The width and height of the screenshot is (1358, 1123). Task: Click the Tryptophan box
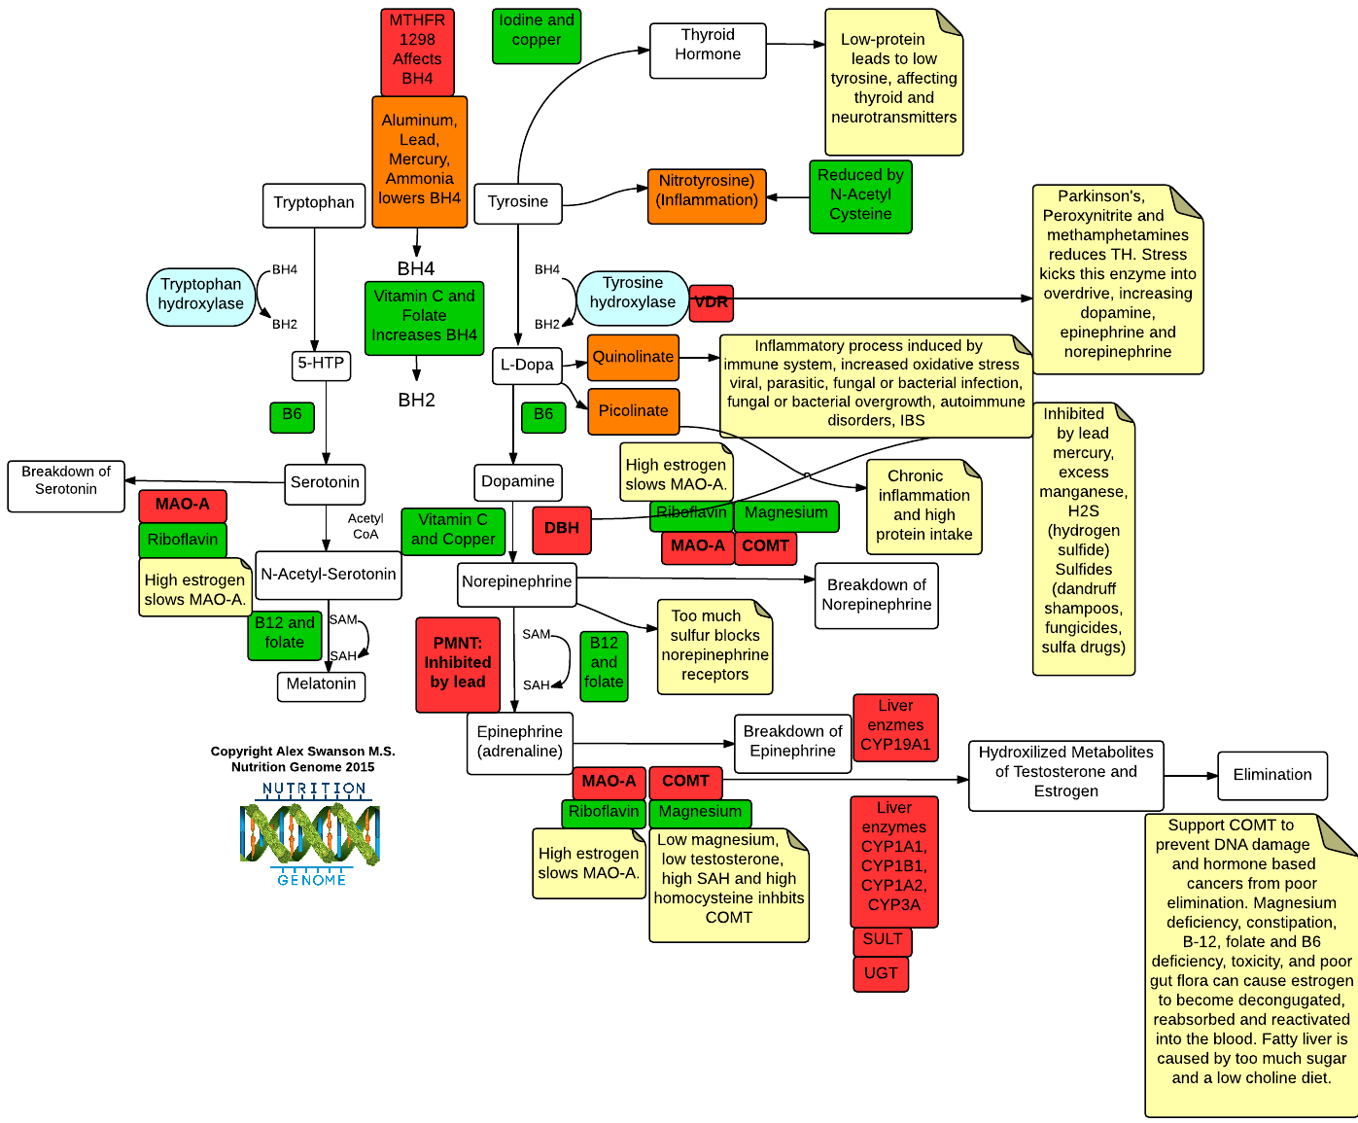pyautogui.click(x=313, y=205)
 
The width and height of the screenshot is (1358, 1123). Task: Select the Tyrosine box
pyautogui.click(x=518, y=203)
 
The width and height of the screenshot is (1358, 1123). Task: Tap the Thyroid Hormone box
pyautogui.click(x=708, y=51)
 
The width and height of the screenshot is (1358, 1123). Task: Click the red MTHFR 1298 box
pyautogui.click(x=418, y=53)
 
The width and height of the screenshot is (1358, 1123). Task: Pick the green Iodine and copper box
pyautogui.click(x=537, y=36)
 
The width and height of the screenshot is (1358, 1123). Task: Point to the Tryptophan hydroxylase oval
pyautogui.click(x=200, y=297)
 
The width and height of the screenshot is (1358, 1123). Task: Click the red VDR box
pyautogui.click(x=711, y=302)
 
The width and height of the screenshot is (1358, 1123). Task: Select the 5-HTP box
pyautogui.click(x=322, y=366)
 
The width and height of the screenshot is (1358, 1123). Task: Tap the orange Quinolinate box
pyautogui.click(x=633, y=357)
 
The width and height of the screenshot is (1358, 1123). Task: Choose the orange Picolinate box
pyautogui.click(x=634, y=411)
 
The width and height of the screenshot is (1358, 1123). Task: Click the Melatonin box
pyautogui.click(x=322, y=686)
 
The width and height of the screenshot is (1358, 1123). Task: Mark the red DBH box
pyautogui.click(x=562, y=530)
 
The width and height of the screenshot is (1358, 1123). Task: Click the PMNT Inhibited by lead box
pyautogui.click(x=458, y=664)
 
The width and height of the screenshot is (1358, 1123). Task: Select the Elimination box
pyautogui.click(x=1272, y=776)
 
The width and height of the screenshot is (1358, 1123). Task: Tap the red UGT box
pyautogui.click(x=881, y=974)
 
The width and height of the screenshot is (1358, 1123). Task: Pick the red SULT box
pyautogui.click(x=883, y=940)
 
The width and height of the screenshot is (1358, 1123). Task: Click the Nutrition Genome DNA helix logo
pyautogui.click(x=310, y=834)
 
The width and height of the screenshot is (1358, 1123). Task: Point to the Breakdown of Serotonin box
pyautogui.click(x=66, y=486)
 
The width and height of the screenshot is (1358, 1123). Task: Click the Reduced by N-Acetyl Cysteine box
pyautogui.click(x=860, y=196)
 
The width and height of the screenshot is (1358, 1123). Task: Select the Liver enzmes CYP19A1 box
pyautogui.click(x=895, y=727)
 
